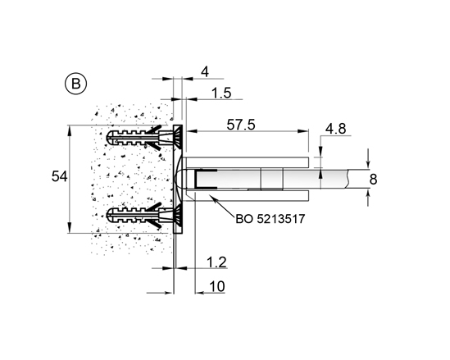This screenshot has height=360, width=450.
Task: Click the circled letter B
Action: pos(75,84)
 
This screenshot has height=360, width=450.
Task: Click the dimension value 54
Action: pos(59,176)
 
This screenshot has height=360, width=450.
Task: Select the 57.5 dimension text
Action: pos(241,125)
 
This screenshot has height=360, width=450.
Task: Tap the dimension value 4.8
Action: pos(335,129)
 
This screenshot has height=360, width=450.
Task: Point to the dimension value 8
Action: pos(373,179)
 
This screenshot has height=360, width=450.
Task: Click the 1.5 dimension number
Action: pos(221,93)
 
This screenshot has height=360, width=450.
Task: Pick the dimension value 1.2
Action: pos(216,262)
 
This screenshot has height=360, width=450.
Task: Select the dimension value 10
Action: pos(217,286)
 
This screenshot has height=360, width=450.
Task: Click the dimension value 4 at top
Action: pos(205,72)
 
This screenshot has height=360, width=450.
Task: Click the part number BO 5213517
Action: pos(270,219)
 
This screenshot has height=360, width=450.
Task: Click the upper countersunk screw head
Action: pos(177,138)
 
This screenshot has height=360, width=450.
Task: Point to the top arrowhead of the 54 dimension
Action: pos(70,130)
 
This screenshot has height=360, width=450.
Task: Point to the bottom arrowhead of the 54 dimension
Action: pos(70,227)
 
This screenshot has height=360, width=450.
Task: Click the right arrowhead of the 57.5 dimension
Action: pos(303,131)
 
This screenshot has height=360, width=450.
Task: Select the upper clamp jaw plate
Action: pos(247,162)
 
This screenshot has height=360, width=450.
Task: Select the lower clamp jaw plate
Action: pos(247,195)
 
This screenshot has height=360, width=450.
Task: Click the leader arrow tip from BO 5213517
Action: pos(211,195)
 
